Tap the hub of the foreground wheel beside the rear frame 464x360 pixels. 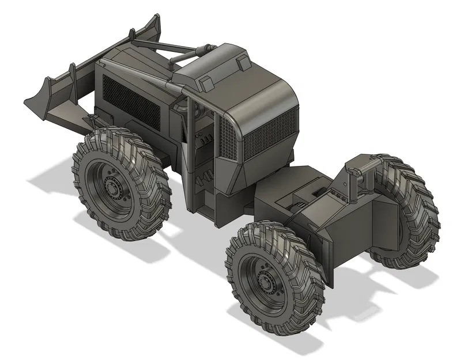pos(266,282)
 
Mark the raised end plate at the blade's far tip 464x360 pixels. pos(152,25)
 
